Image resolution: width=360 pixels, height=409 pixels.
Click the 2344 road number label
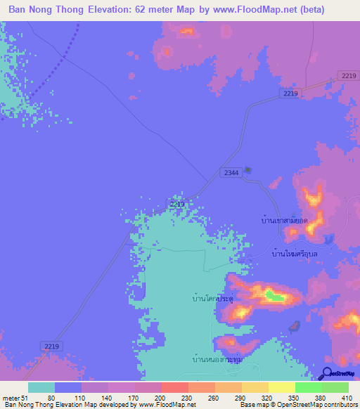tap(230, 172)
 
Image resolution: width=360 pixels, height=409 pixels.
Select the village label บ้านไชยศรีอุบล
tap(295, 253)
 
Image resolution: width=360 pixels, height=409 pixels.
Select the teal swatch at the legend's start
tap(41, 387)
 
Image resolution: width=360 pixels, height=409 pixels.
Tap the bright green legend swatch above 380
tap(308, 387)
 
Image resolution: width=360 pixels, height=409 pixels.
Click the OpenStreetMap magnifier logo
tap(327, 372)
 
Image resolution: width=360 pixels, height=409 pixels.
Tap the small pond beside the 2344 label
tap(247, 169)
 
